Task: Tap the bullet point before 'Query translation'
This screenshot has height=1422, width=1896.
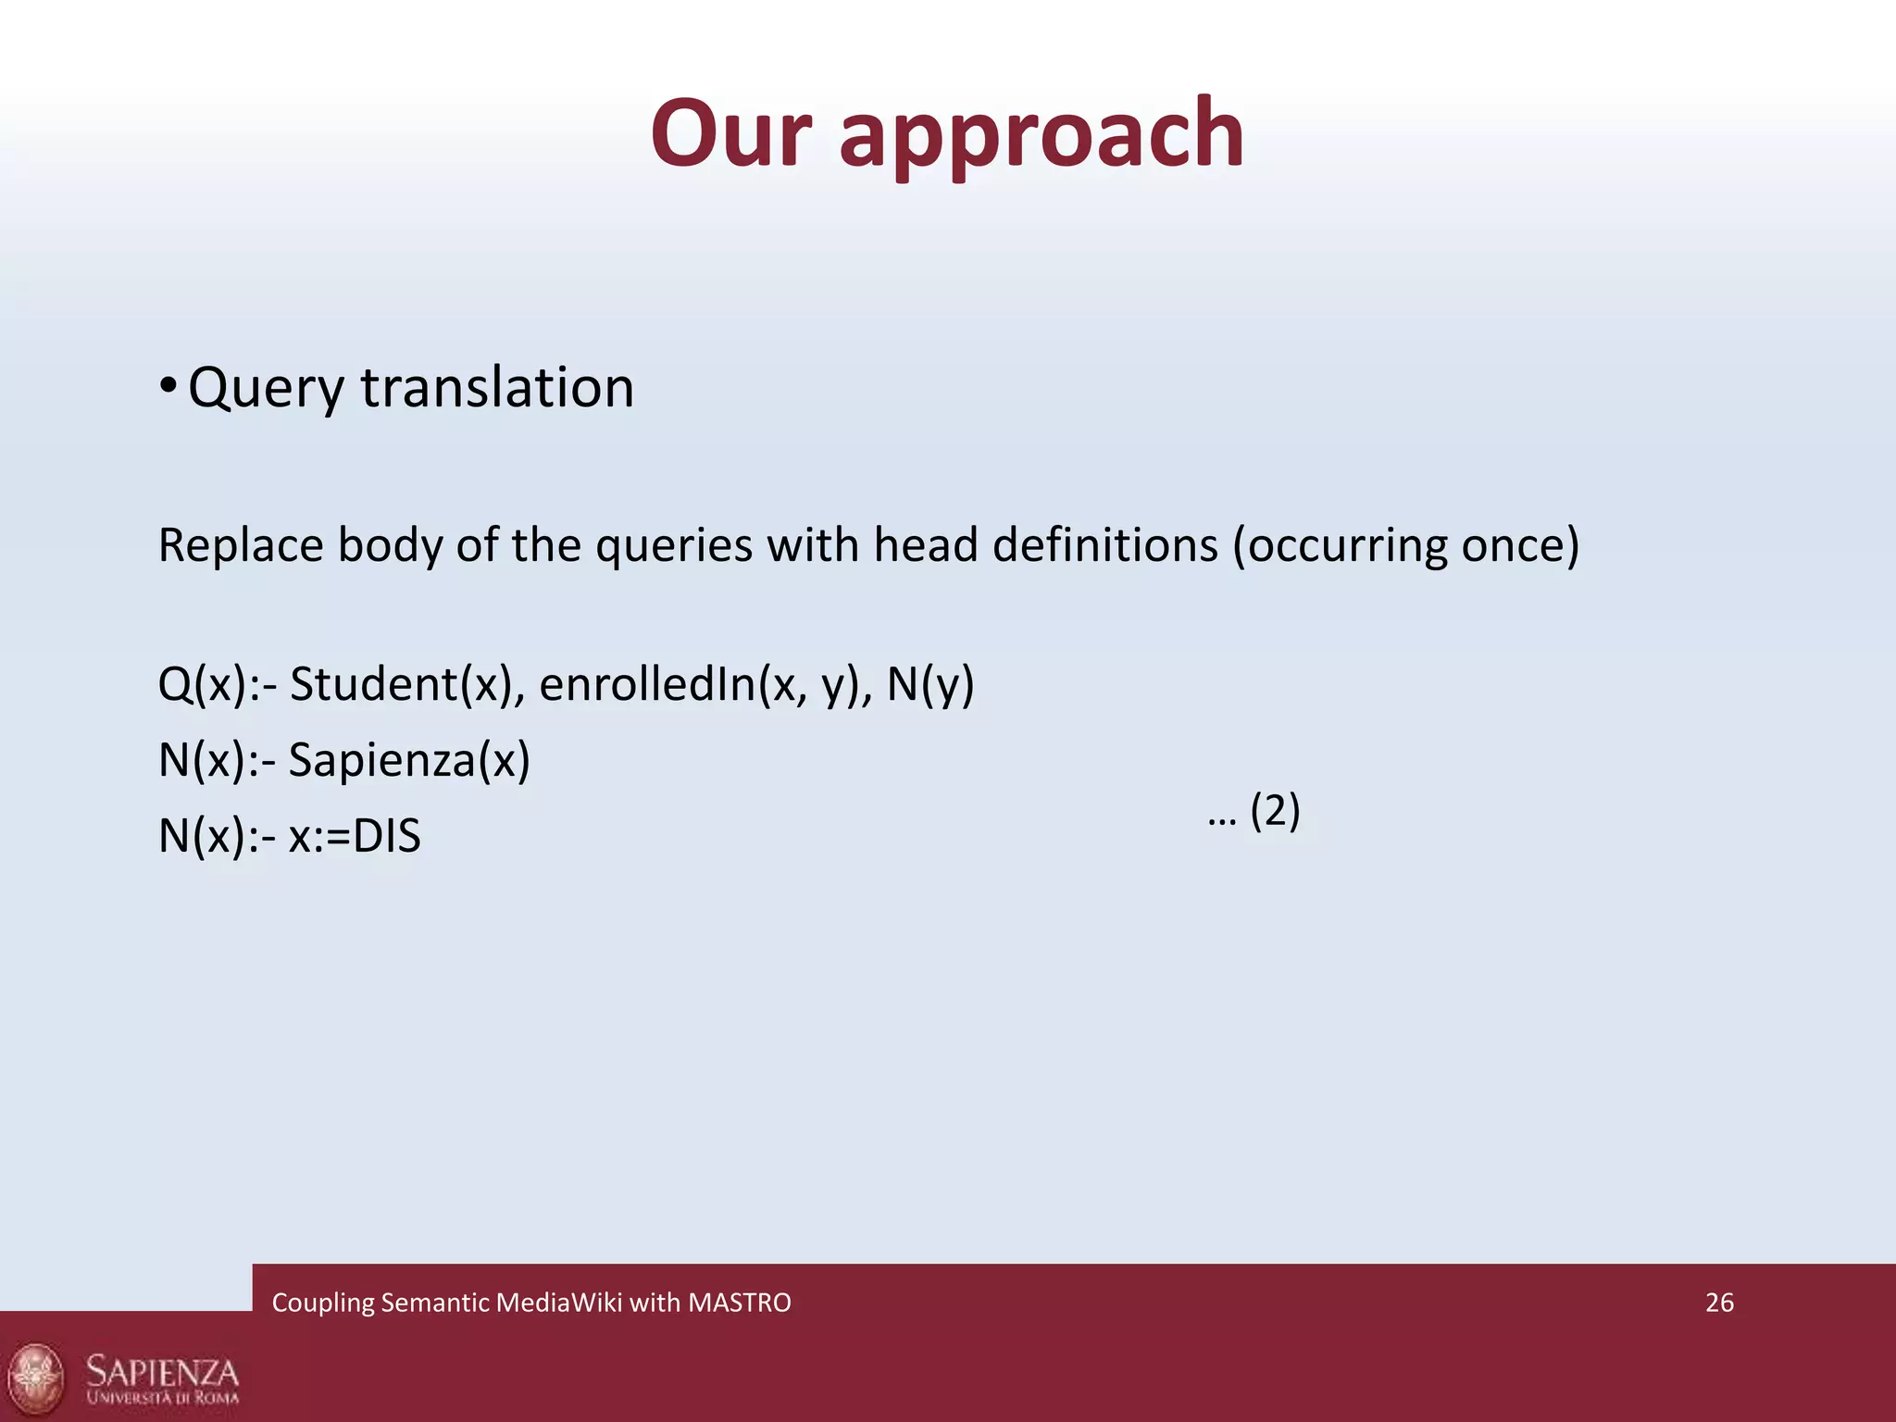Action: pyautogui.click(x=167, y=385)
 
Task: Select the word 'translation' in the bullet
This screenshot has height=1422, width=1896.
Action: pyautogui.click(x=497, y=387)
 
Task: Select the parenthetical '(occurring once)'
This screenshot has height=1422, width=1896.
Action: pyautogui.click(x=1405, y=545)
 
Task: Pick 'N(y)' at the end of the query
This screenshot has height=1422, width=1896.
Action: pyautogui.click(x=929, y=685)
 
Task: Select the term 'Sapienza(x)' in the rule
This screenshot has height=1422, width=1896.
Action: pyautogui.click(x=409, y=761)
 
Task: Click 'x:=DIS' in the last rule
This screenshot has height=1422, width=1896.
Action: pyautogui.click(x=355, y=837)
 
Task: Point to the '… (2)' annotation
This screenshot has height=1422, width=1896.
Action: pyautogui.click(x=1254, y=812)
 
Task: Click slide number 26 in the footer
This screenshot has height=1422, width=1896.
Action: pyautogui.click(x=1719, y=1303)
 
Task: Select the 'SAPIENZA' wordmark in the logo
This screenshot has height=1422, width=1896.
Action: pyautogui.click(x=162, y=1369)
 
